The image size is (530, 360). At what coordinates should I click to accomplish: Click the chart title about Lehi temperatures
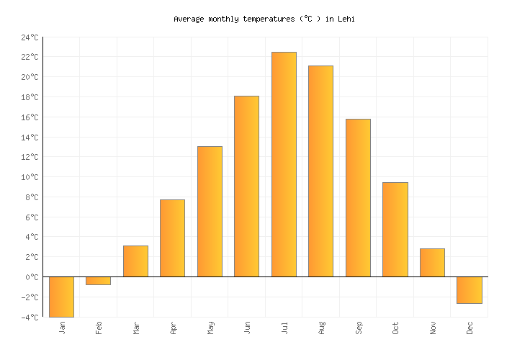pyautogui.click(x=264, y=19)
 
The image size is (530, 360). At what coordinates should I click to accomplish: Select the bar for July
pyautogui.click(x=284, y=164)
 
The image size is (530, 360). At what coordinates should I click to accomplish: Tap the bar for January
pyautogui.click(x=61, y=297)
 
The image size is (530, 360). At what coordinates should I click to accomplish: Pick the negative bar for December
pyautogui.click(x=470, y=290)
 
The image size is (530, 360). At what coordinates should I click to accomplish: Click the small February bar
pyautogui.click(x=98, y=281)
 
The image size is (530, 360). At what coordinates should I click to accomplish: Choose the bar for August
pyautogui.click(x=320, y=171)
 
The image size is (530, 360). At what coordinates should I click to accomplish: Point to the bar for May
pyautogui.click(x=210, y=212)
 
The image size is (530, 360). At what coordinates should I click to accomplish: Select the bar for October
pyautogui.click(x=395, y=230)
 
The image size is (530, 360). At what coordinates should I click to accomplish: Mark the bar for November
pyautogui.click(x=432, y=263)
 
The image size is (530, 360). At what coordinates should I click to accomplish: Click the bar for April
pyautogui.click(x=172, y=238)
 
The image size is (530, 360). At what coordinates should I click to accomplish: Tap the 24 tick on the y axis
pyautogui.click(x=30, y=37)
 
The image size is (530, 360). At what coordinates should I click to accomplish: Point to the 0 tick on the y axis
pyautogui.click(x=34, y=277)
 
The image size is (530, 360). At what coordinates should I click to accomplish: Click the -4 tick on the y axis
pyautogui.click(x=30, y=317)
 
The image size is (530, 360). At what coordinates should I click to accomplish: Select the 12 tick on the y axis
pyautogui.click(x=30, y=157)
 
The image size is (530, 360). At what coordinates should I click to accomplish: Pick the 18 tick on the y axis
pyautogui.click(x=30, y=97)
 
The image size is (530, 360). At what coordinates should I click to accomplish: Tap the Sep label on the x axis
pyautogui.click(x=359, y=328)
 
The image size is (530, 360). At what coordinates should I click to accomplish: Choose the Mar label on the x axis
pyautogui.click(x=136, y=328)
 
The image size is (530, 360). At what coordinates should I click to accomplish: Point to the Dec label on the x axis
pyautogui.click(x=470, y=328)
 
